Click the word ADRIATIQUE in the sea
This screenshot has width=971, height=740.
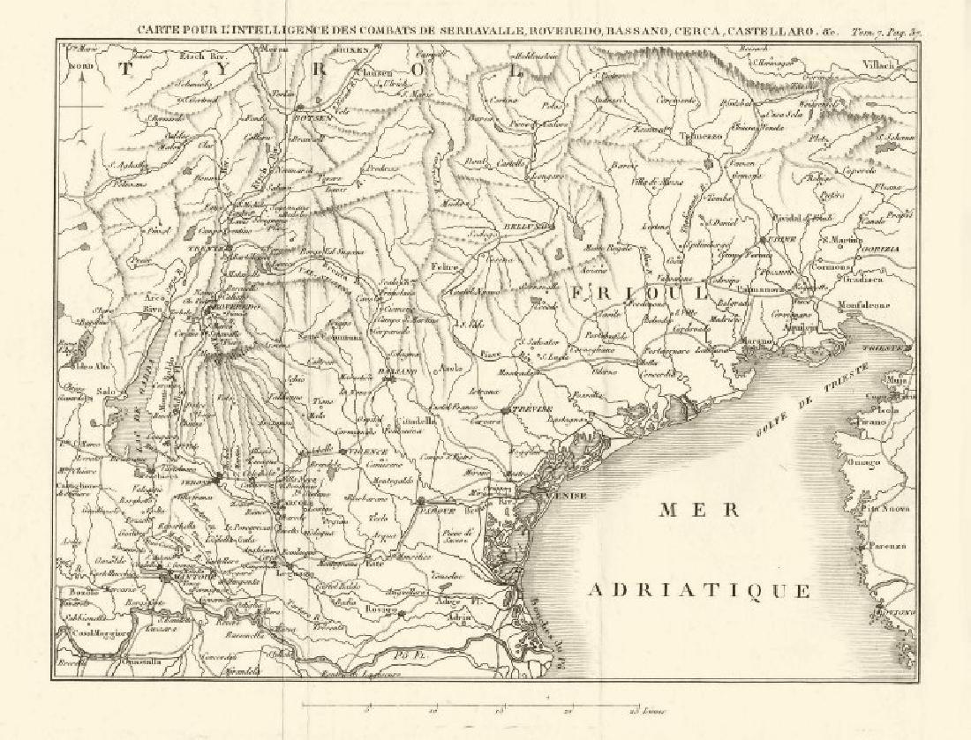(x=699, y=590)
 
